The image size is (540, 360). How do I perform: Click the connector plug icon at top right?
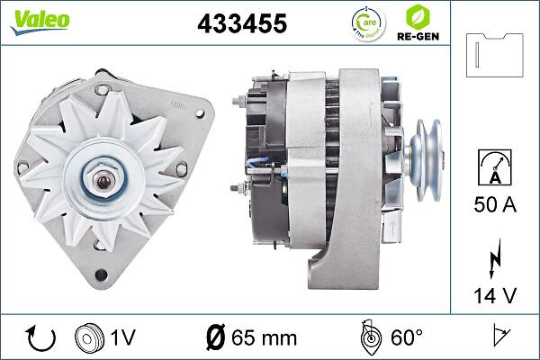pyautogui.click(x=496, y=56)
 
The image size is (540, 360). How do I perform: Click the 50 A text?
pyautogui.click(x=496, y=206)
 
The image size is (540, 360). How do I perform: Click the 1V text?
pyautogui.click(x=124, y=337)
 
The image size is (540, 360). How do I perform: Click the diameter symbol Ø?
pyautogui.click(x=215, y=337)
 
